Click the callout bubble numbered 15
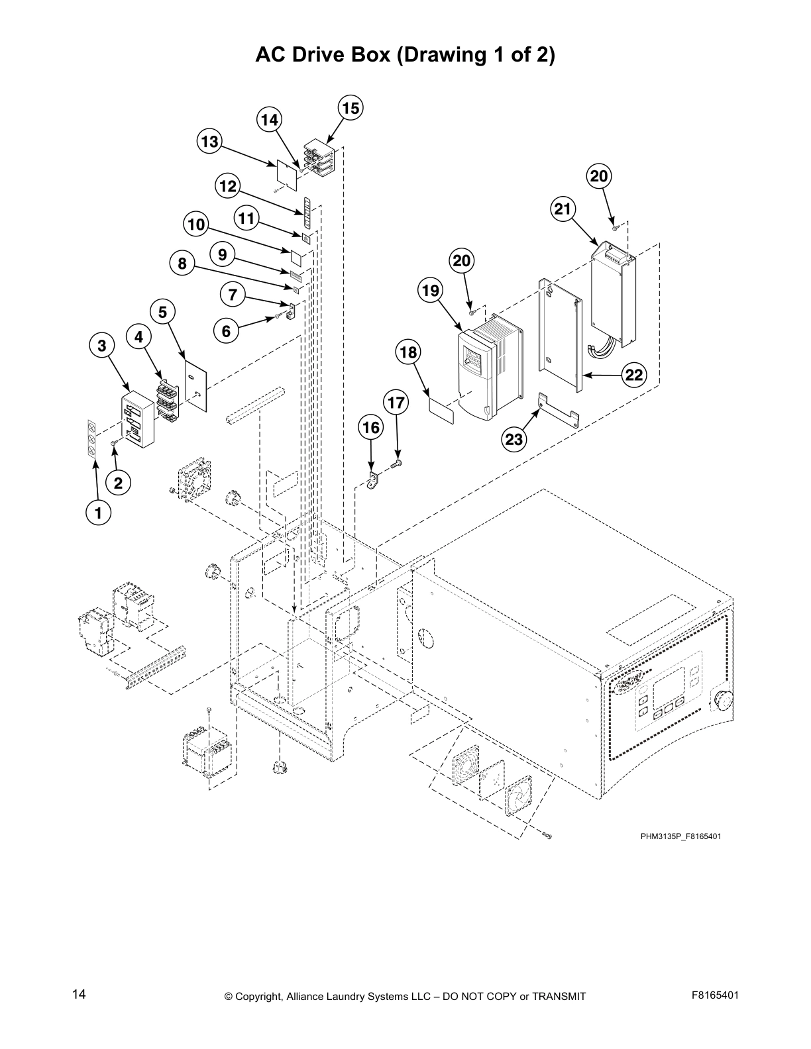tap(351, 108)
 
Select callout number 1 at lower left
tap(99, 512)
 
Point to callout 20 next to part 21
tap(599, 176)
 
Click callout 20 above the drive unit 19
tap(462, 260)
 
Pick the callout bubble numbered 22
tap(634, 375)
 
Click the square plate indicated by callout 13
tap(286, 173)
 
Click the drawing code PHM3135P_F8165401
tap(680, 836)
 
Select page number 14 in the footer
tap(80, 994)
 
